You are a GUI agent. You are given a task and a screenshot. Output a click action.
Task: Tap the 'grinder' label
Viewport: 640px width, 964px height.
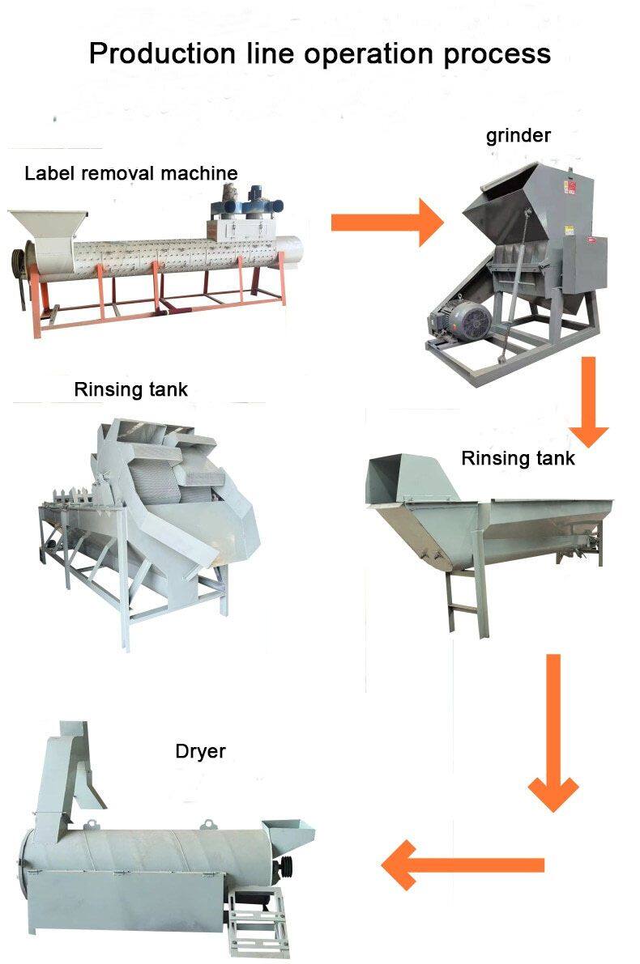(518, 135)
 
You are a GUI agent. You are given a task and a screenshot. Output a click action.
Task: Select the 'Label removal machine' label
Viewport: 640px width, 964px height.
(131, 173)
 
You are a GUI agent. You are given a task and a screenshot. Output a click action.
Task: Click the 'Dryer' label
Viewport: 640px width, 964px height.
(200, 751)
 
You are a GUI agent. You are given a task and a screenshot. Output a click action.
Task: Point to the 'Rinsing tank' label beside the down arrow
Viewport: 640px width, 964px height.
(518, 458)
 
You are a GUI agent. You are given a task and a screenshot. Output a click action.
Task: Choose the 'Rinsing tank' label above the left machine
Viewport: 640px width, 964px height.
(130, 389)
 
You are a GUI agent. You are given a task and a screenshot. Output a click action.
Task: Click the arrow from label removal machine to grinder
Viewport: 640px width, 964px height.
(386, 221)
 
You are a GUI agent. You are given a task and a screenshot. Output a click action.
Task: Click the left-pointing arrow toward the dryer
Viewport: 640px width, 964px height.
(462, 864)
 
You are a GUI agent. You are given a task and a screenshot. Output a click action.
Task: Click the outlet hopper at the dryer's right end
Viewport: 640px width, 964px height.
(292, 834)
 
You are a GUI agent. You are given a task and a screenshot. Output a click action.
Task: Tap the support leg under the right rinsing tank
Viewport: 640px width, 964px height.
(455, 599)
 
